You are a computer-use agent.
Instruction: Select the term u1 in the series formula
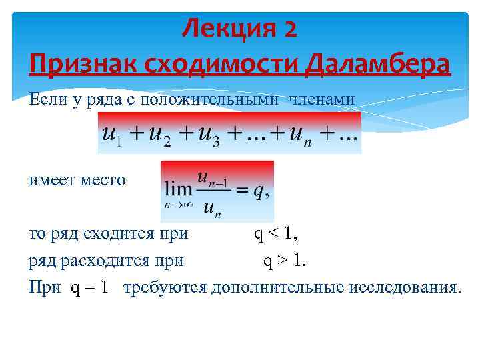[111, 133]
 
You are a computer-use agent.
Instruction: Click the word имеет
[52, 181]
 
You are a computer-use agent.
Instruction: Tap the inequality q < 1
[275, 234]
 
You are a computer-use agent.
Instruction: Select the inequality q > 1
[284, 261]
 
